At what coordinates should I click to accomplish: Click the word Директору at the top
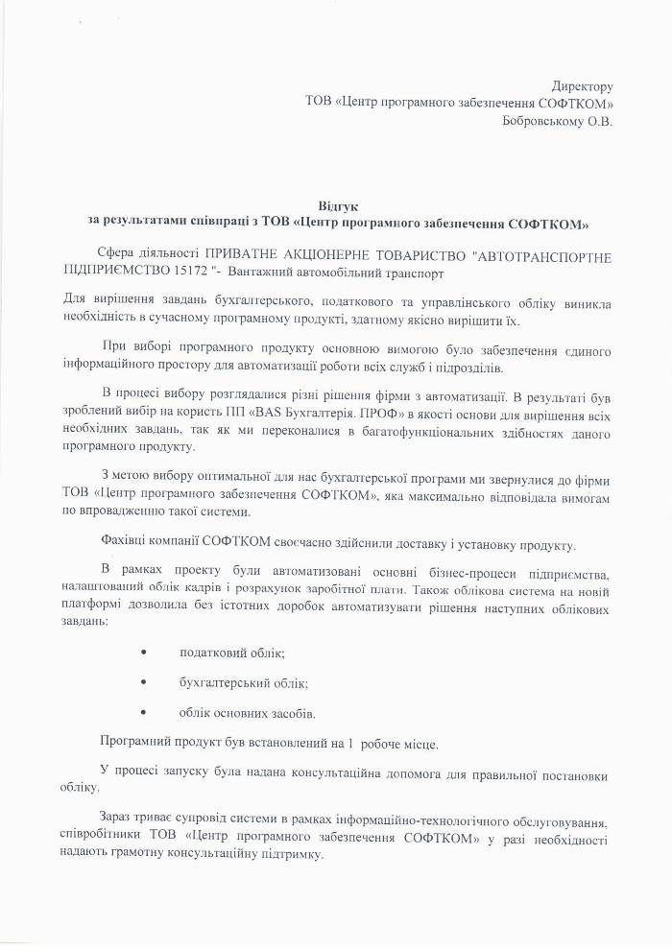click(582, 87)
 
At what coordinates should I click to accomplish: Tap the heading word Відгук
click(336, 206)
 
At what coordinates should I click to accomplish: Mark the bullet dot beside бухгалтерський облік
click(144, 683)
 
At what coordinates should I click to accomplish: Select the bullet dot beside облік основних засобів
click(144, 713)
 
